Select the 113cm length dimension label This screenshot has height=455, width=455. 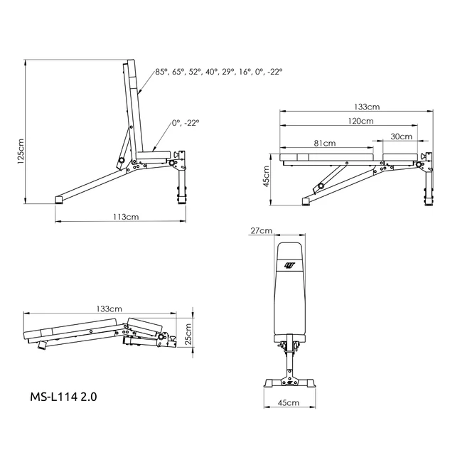click(x=125, y=216)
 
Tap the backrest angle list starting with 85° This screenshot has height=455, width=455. click(x=219, y=72)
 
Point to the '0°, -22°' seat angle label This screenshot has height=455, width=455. click(x=186, y=123)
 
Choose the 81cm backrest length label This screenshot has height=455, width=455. click(x=324, y=143)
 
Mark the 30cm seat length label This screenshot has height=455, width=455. click(x=401, y=136)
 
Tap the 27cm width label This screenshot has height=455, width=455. click(x=262, y=231)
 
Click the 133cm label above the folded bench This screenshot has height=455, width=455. click(x=109, y=309)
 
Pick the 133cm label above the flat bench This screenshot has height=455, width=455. click(x=366, y=107)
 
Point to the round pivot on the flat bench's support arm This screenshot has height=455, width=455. click(x=321, y=186)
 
